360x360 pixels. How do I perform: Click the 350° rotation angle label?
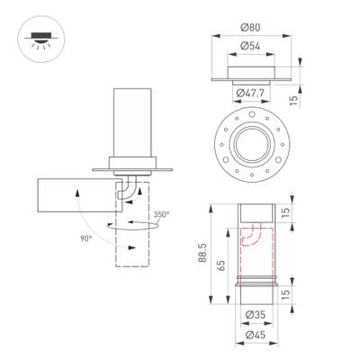(x=160, y=215)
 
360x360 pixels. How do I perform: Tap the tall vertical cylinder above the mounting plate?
(x=131, y=121)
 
